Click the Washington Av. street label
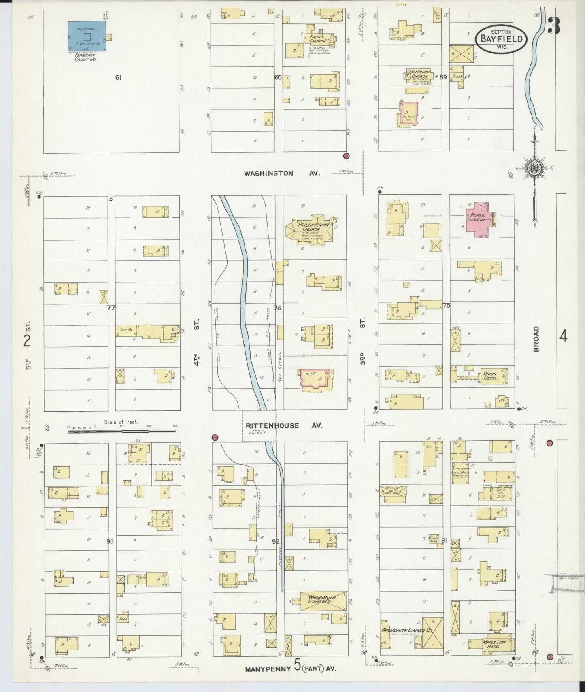pyautogui.click(x=282, y=173)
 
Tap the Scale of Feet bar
pyautogui.click(x=121, y=432)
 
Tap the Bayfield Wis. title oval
pyautogui.click(x=501, y=39)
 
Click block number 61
pyautogui.click(x=118, y=77)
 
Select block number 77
pyautogui.click(x=111, y=308)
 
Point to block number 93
pyautogui.click(x=110, y=541)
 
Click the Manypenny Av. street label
pyautogui.click(x=291, y=669)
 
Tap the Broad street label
pyautogui.click(x=537, y=339)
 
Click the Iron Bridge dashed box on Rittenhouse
pyautogui.click(x=259, y=426)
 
